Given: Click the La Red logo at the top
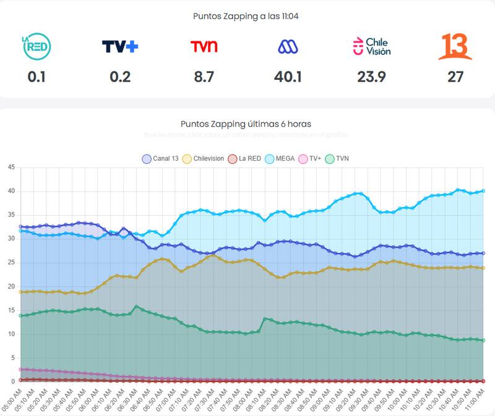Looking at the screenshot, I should (36, 46).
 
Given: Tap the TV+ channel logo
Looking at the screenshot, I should (119, 46).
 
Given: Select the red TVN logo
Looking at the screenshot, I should (204, 46).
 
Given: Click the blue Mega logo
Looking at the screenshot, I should (287, 46).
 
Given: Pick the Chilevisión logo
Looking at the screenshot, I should (371, 46).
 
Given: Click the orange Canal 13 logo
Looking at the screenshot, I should (455, 46).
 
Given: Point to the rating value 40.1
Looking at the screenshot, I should (287, 77).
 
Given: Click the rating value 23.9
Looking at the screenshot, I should (371, 77).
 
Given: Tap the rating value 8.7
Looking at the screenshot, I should (204, 77).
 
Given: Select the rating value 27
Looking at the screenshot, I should (455, 77).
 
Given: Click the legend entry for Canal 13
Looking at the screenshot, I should (160, 158).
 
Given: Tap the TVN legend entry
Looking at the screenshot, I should (337, 158).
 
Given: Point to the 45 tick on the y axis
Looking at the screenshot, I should (11, 167).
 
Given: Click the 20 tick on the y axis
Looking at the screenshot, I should (11, 286).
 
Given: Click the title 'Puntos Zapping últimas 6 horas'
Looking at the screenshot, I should (246, 124).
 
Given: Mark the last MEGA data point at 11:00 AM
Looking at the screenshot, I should (483, 191).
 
